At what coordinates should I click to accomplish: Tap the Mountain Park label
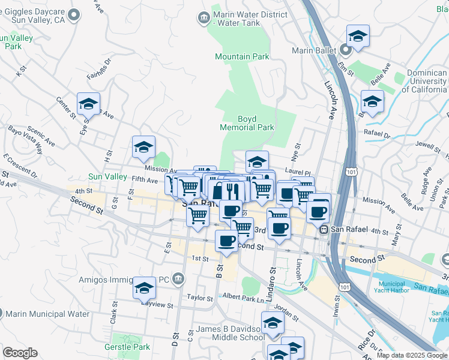coord(242,56)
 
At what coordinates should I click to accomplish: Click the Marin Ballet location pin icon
coord(345,50)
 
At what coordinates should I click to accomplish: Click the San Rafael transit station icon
coord(324,229)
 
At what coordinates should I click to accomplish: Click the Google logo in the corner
coord(20,353)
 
